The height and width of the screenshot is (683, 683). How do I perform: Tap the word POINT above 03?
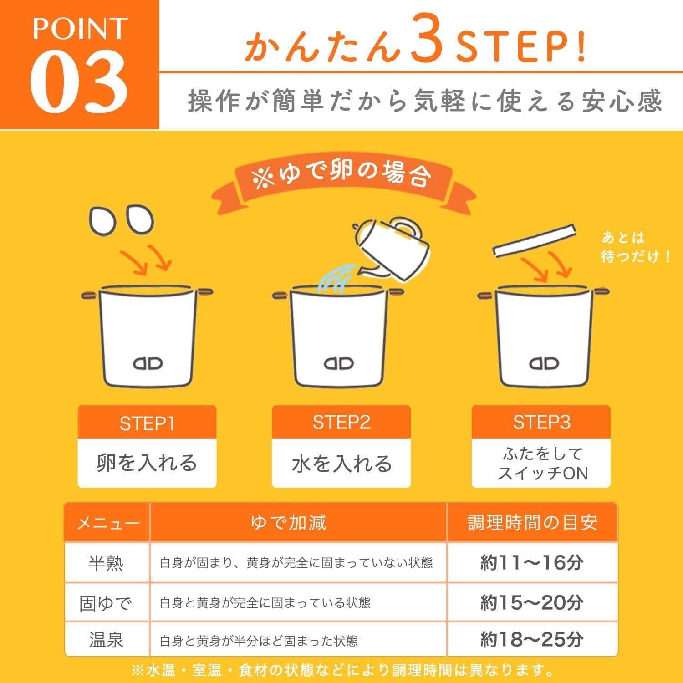(x=80, y=29)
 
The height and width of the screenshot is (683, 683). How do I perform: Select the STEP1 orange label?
(x=147, y=423)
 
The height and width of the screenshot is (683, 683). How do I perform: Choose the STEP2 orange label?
(x=341, y=422)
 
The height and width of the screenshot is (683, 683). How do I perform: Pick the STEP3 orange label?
(x=541, y=422)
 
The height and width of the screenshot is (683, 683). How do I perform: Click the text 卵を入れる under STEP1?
(x=147, y=463)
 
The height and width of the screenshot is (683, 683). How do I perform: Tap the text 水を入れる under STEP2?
(x=341, y=464)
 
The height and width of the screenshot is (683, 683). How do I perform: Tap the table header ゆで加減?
(x=289, y=522)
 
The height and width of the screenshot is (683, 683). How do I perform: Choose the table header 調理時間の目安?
(x=532, y=522)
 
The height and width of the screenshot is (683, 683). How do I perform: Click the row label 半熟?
(x=106, y=563)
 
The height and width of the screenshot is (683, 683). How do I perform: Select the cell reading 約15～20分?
(x=532, y=602)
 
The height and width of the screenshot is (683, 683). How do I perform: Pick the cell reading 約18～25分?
(x=532, y=640)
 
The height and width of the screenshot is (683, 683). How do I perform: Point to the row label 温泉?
(x=106, y=640)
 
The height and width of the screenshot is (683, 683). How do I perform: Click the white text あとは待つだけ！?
(x=636, y=247)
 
